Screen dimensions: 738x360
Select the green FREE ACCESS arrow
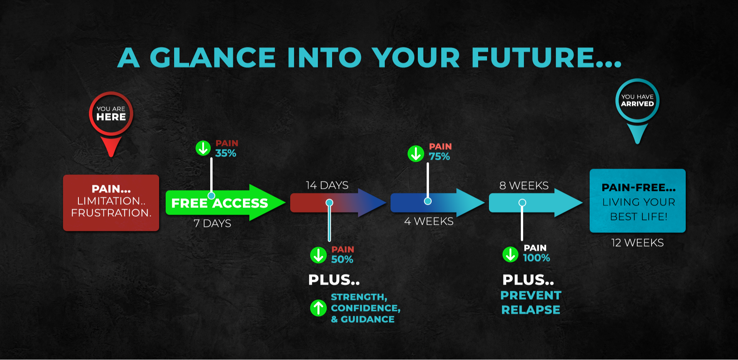point(225,202)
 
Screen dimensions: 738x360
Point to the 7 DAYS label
point(212,223)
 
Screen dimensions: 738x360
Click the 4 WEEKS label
point(429,221)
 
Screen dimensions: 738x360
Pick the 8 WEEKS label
point(524,186)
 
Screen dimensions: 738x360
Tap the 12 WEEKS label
point(637,243)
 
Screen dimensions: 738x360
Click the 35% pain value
point(226,153)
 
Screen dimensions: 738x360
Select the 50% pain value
point(342,259)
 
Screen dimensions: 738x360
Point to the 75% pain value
point(439,156)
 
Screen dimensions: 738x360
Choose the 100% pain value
point(537,258)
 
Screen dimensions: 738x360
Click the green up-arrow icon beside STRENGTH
point(318,308)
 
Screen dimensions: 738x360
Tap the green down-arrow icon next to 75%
point(416,154)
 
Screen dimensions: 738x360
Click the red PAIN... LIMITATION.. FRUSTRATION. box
point(111,203)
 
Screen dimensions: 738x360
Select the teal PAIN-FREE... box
point(638,201)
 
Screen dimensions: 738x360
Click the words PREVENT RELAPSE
point(531,302)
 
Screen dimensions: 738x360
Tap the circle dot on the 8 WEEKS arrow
point(522,202)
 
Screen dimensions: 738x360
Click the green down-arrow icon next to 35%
point(203,148)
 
